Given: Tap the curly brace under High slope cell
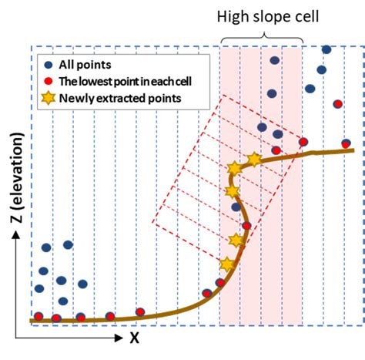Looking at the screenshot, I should pyautogui.click(x=262, y=35).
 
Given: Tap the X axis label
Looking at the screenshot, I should pyautogui.click(x=133, y=337).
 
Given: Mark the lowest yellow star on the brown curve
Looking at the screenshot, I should pyautogui.click(x=226, y=264).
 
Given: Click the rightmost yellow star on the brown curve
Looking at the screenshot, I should pyautogui.click(x=253, y=160).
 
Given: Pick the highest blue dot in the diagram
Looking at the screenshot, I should pyautogui.click(x=326, y=50).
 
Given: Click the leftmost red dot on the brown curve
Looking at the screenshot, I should pyautogui.click(x=37, y=317).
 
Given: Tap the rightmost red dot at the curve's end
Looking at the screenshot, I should pyautogui.click(x=347, y=143).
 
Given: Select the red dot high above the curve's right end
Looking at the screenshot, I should pyautogui.click(x=337, y=103).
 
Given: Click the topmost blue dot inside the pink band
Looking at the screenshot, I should pyautogui.click(x=274, y=60).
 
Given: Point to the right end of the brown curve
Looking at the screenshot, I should pyautogui.click(x=353, y=150).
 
